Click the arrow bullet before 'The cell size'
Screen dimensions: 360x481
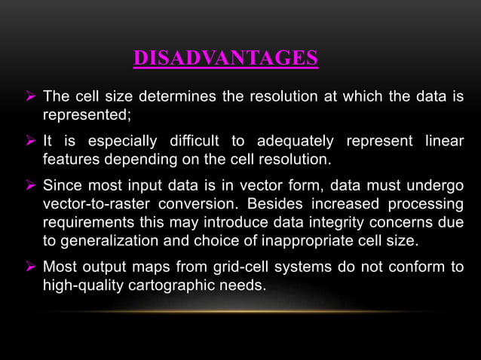click(x=31, y=97)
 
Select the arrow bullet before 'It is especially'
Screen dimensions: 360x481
click(x=31, y=142)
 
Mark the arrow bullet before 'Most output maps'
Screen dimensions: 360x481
click(x=31, y=266)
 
